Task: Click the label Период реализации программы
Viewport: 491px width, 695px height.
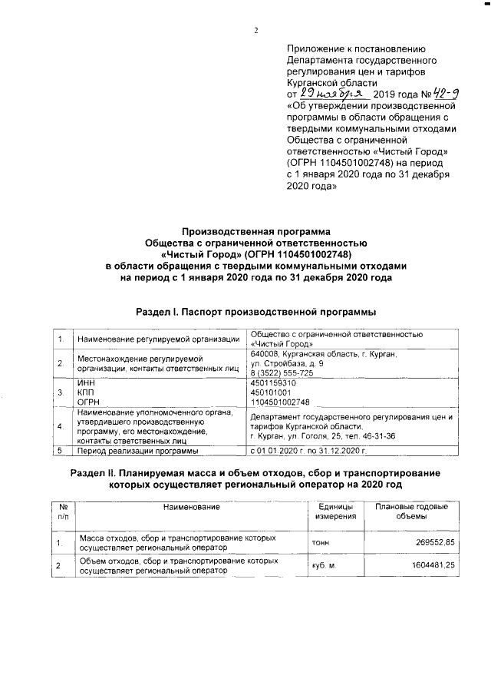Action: [x=127, y=451]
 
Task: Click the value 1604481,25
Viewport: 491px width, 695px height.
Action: [x=430, y=567]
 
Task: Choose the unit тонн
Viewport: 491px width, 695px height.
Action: [x=321, y=543]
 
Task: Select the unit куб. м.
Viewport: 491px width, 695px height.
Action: [x=324, y=567]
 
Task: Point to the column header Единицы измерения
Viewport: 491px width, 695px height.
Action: [x=335, y=511]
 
